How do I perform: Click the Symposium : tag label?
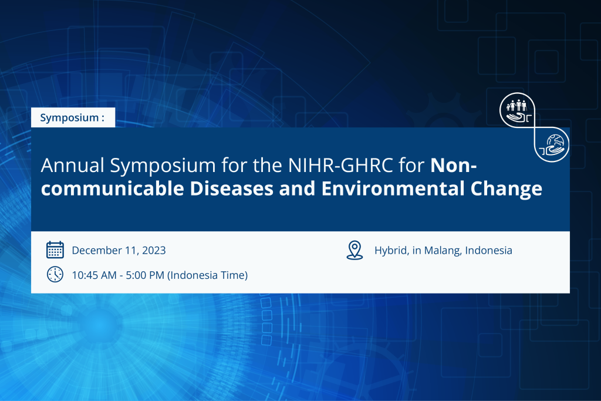tap(72, 118)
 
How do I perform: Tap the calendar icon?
tap(55, 250)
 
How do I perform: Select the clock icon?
tap(55, 274)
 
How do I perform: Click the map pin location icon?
tap(354, 250)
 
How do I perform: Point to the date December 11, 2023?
tap(119, 251)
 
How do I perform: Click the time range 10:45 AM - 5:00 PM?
tap(118, 275)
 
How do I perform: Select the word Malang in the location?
tap(443, 251)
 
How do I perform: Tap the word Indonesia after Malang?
tap(489, 251)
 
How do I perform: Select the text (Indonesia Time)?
tap(208, 275)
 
